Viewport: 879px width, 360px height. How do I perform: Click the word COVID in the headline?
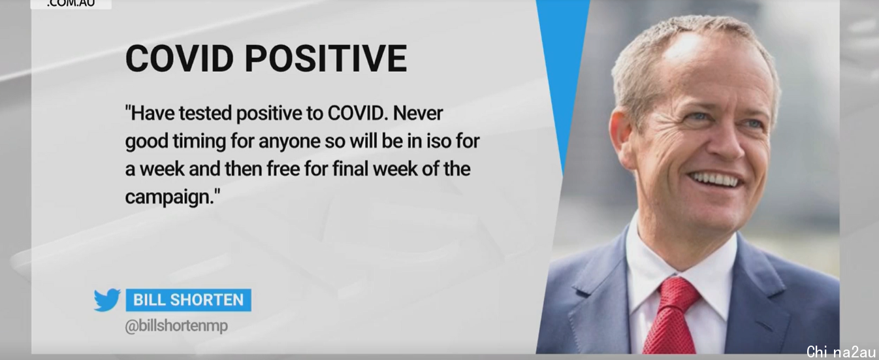180,58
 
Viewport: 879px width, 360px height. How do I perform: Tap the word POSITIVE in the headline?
326,58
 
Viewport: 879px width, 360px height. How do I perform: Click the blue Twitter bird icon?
107,300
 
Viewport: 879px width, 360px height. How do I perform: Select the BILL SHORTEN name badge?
188,300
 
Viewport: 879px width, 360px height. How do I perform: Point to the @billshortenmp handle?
176,326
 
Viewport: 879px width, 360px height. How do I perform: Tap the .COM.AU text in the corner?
71,4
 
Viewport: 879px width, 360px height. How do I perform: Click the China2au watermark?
841,352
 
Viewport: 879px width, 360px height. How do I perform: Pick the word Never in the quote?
417,113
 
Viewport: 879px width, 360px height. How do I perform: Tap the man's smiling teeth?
716,180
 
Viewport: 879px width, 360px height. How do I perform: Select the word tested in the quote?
205,113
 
